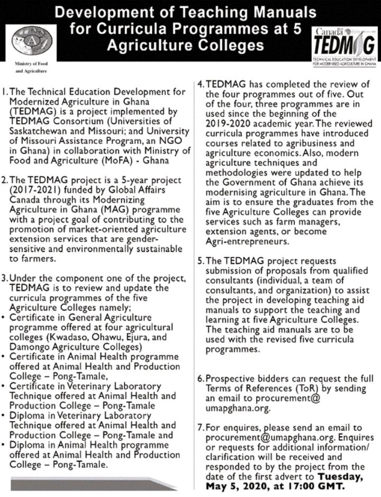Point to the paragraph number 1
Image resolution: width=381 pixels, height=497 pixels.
pos(4,92)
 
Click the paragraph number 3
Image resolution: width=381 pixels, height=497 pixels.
pos(5,279)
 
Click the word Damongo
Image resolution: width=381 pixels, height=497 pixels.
pos(32,347)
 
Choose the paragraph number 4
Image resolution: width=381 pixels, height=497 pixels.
pos(201,85)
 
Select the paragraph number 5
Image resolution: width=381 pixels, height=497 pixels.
pos(201,261)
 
